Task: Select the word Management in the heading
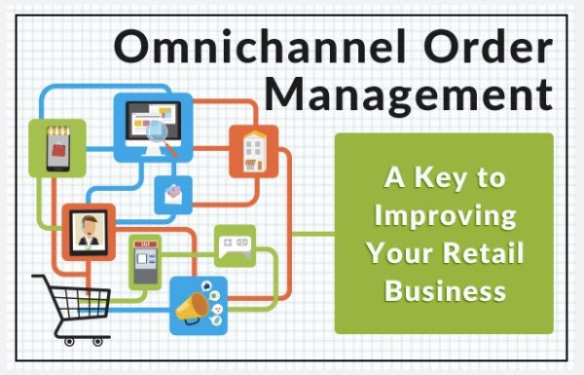(410, 94)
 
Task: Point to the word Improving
(444, 215)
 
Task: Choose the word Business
(445, 289)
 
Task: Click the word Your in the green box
(402, 252)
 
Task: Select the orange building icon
(253, 151)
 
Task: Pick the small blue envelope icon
(173, 196)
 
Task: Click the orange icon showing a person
(88, 231)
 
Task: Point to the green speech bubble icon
(235, 244)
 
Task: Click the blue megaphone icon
(198, 306)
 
